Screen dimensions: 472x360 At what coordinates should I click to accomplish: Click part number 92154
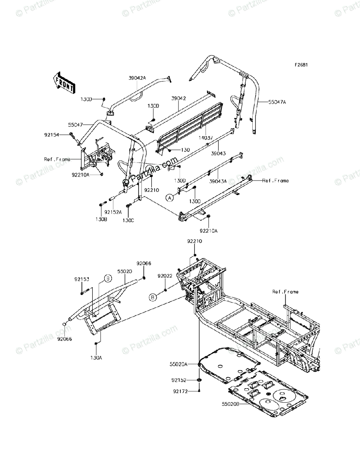pyautogui.click(x=51, y=135)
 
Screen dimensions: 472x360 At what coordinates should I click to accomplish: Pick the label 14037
pyautogui.click(x=204, y=138)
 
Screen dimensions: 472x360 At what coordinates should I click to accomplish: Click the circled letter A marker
pyautogui.click(x=170, y=198)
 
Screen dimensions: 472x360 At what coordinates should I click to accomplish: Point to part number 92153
pyautogui.click(x=82, y=280)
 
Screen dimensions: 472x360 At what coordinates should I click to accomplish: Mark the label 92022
pyautogui.click(x=165, y=276)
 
